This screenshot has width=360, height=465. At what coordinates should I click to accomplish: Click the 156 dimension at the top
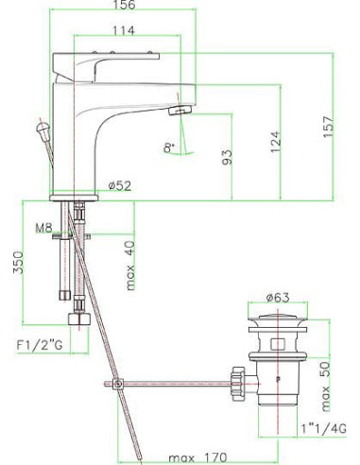125,5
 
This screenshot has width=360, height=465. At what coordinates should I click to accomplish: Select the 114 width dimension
124,30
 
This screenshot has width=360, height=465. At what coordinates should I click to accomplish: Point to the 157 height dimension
328,127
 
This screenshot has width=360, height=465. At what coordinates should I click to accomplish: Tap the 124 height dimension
275,142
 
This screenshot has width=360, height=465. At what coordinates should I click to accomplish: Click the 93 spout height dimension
227,157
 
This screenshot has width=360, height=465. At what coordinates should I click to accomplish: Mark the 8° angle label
169,147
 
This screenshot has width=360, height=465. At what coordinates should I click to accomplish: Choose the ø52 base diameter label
120,186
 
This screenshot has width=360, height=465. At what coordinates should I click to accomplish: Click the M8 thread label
43,228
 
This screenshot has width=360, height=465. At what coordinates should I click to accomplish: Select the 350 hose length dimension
18,263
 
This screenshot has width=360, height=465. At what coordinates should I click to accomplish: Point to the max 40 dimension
129,266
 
